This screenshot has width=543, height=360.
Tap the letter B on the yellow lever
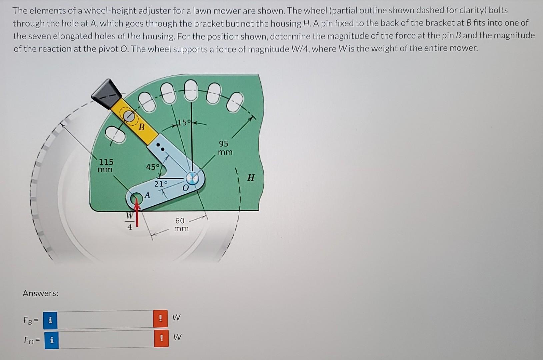pyautogui.click(x=142, y=127)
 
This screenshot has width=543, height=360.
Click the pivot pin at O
pyautogui.click(x=192, y=178)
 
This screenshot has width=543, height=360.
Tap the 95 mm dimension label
pyautogui.click(x=224, y=148)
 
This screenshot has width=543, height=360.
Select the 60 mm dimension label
pyautogui.click(x=181, y=224)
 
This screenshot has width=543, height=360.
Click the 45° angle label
pyautogui.click(x=153, y=167)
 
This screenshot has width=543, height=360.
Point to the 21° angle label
pyautogui.click(x=160, y=184)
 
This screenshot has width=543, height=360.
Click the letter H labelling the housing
pyautogui.click(x=251, y=178)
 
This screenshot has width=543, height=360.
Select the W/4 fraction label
pyautogui.click(x=130, y=221)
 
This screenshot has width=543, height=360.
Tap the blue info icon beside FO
pyautogui.click(x=51, y=340)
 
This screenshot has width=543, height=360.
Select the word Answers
pyautogui.click(x=40, y=293)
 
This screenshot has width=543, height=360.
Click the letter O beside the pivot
pyautogui.click(x=185, y=189)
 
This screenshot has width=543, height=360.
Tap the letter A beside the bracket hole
pyautogui.click(x=147, y=195)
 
